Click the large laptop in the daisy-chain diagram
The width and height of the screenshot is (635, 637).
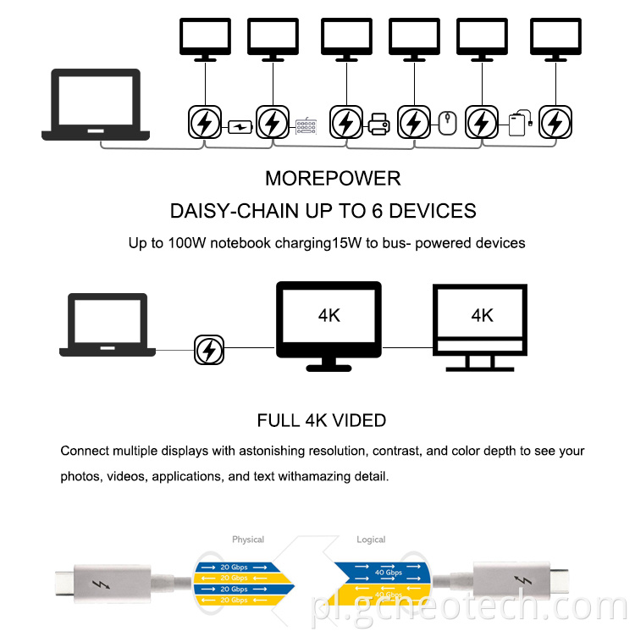point(96,106)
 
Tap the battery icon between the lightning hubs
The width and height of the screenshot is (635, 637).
point(240,127)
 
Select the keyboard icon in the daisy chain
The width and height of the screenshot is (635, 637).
point(306,127)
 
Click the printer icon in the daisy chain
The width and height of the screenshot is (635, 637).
point(378,127)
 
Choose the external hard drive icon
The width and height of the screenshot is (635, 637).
point(519,125)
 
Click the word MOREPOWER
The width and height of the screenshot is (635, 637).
point(333,179)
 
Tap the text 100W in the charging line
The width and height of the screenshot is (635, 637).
point(196,243)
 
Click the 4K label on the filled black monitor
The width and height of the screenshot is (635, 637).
point(329,315)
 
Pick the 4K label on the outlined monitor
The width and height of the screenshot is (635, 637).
point(482,315)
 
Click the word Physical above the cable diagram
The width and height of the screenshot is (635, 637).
point(248,540)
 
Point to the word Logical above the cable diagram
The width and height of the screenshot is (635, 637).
point(371,540)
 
